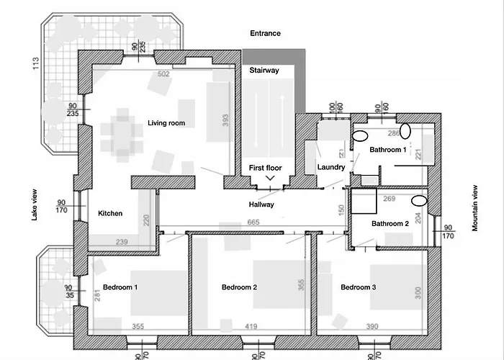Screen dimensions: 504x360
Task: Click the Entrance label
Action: click(265, 33)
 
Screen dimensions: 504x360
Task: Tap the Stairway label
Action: click(264, 71)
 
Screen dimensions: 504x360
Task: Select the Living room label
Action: click(166, 123)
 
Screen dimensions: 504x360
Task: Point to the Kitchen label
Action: click(110, 213)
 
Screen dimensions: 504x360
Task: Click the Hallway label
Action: click(261, 204)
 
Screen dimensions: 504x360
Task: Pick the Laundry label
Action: click(331, 167)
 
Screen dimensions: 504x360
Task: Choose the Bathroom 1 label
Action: click(388, 150)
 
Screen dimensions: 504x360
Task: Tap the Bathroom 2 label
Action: click(390, 223)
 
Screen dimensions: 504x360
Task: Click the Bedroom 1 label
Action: click(120, 287)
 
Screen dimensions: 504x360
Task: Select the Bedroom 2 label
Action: click(240, 287)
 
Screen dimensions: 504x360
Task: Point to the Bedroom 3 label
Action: click(359, 287)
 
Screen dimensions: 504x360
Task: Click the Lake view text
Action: click(35, 204)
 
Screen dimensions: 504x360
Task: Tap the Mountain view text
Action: click(475, 208)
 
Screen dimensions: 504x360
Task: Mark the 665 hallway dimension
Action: click(253, 222)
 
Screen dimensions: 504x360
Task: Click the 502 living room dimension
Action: click(163, 74)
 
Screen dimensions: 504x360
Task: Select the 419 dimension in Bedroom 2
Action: click(251, 327)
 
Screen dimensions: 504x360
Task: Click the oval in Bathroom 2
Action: click(419, 201)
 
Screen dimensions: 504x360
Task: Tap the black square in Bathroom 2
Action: click(364, 201)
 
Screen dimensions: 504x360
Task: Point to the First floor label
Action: click(266, 168)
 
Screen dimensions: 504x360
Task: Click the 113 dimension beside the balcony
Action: click(36, 63)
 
